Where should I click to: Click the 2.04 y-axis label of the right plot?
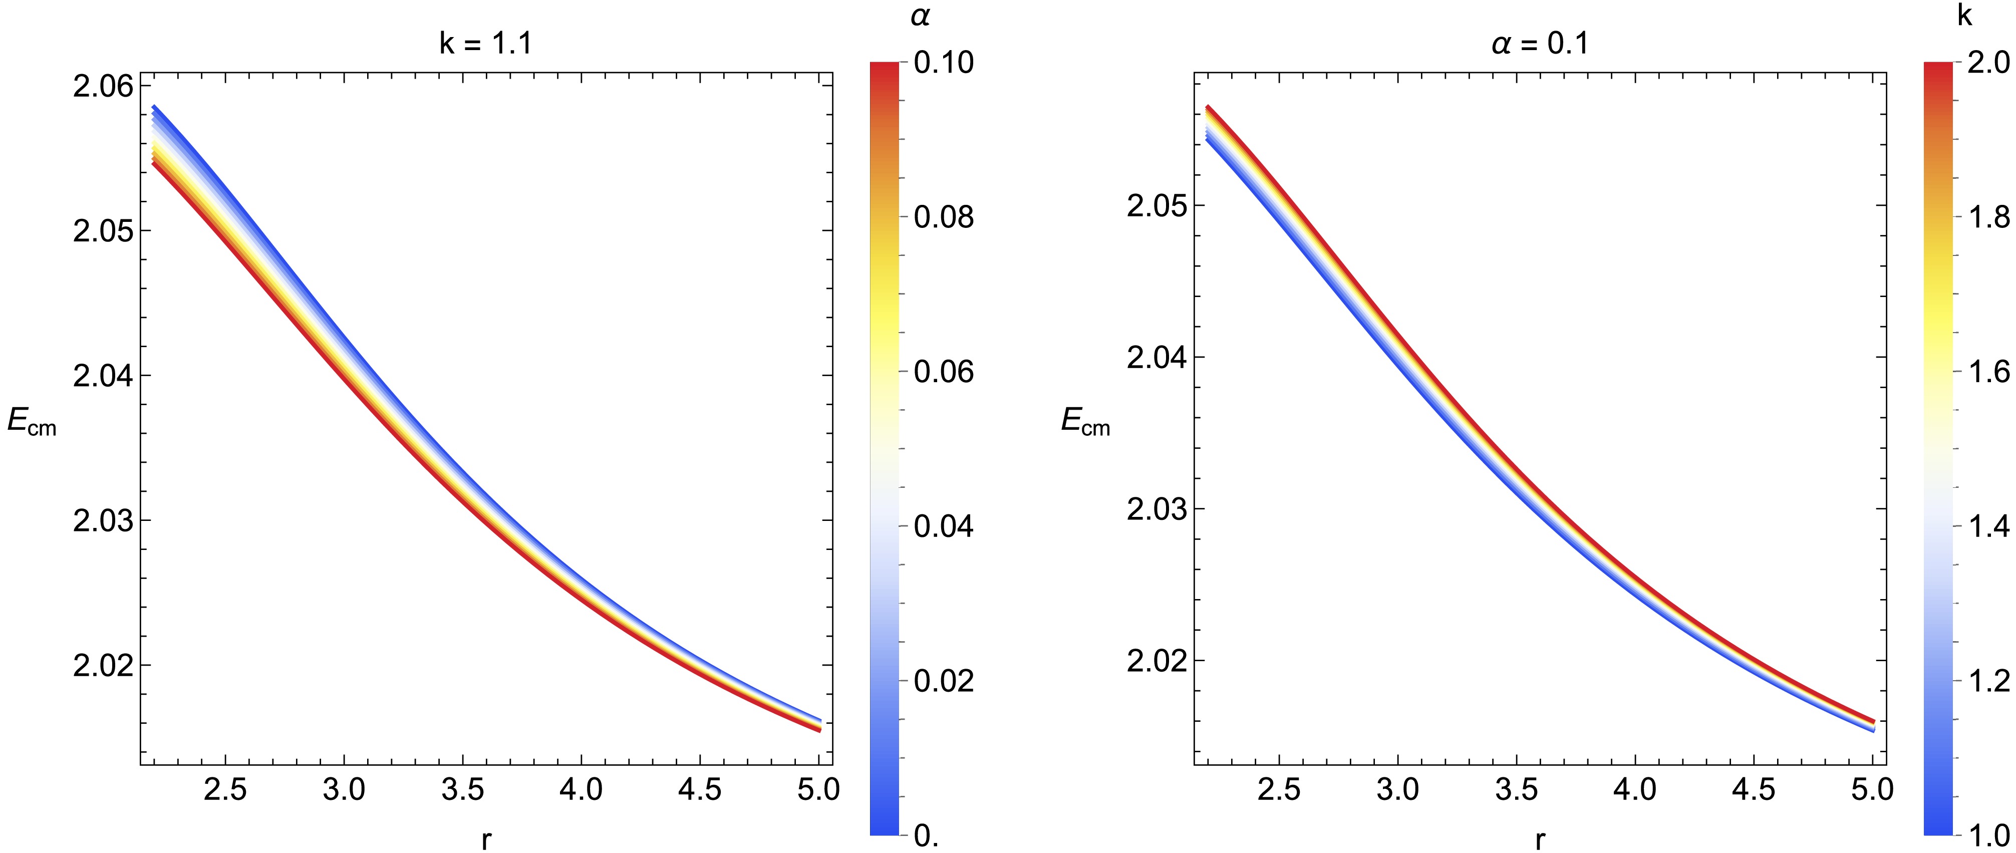tap(1156, 358)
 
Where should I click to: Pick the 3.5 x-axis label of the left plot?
tap(462, 789)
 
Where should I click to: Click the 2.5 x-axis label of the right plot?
tap(1279, 789)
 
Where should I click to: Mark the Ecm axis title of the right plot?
tap(1085, 423)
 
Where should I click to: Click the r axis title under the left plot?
tap(486, 839)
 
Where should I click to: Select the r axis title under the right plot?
tap(1540, 839)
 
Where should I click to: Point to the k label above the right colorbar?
tap(1964, 15)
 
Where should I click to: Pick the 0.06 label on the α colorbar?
tap(944, 372)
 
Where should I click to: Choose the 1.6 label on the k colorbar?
tap(1988, 372)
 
